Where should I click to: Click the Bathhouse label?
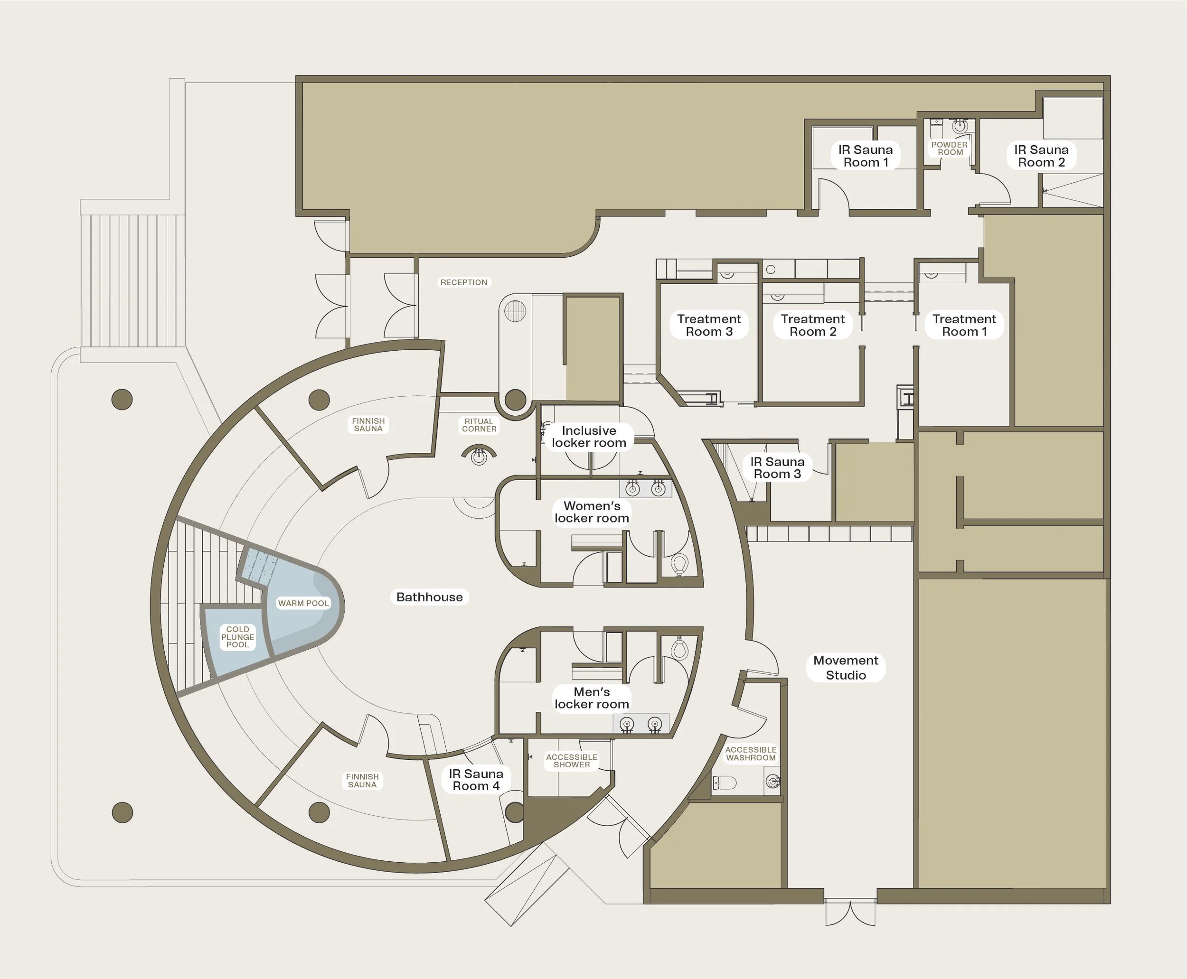429,597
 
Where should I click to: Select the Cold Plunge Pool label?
237,637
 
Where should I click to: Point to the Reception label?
463,282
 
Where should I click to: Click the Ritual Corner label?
479,425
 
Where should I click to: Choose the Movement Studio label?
845,668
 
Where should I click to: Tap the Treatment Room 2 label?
812,326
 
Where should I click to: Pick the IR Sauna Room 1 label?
865,156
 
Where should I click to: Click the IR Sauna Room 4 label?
476,780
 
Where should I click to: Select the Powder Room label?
950,149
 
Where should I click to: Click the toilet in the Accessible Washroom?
725,783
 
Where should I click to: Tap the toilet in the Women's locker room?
680,563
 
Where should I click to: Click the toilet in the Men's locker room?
680,649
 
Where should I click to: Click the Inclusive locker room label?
588,437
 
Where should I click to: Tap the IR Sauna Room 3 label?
777,468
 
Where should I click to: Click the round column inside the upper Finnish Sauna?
320,400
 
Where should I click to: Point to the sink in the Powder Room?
960,125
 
